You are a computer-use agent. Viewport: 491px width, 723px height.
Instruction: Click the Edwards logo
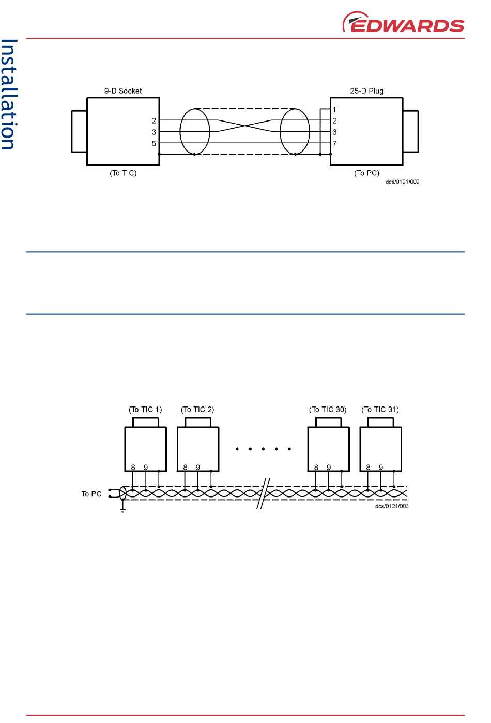(x=403, y=22)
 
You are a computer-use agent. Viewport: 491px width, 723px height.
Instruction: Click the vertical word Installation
(x=9, y=95)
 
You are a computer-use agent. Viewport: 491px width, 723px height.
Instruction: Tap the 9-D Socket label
(x=123, y=91)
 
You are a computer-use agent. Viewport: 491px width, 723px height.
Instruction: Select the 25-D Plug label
(x=367, y=91)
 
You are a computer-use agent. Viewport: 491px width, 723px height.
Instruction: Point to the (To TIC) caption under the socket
(x=123, y=173)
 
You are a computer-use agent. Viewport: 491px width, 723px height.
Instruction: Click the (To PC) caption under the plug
(x=367, y=173)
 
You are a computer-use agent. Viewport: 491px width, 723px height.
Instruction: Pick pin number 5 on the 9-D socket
(x=154, y=143)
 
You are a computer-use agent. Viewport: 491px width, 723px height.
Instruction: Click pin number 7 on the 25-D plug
(x=334, y=143)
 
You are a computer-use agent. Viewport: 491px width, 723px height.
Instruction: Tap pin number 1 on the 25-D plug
(x=334, y=110)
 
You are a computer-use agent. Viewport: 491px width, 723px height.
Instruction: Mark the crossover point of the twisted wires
(x=245, y=126)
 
